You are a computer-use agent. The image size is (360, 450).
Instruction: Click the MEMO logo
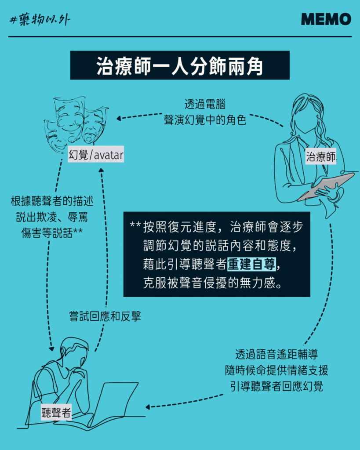click(x=326, y=19)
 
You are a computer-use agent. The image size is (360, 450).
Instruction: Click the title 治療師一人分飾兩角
click(x=180, y=66)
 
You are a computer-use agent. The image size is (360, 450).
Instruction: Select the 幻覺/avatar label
click(x=96, y=155)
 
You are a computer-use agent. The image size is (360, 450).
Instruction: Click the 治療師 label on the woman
click(x=321, y=157)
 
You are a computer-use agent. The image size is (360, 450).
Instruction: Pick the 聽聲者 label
click(x=56, y=412)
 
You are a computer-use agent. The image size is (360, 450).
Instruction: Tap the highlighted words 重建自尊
click(x=252, y=264)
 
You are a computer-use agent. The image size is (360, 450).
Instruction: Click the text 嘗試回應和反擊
click(x=105, y=316)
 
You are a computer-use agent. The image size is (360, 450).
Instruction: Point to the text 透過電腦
click(x=205, y=104)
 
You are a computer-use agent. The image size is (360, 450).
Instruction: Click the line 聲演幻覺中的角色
click(x=205, y=120)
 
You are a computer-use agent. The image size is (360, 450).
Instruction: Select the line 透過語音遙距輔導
click(x=276, y=354)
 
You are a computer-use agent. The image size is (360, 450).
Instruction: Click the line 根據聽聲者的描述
click(x=52, y=201)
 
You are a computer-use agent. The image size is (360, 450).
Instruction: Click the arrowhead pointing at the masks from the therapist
click(x=119, y=118)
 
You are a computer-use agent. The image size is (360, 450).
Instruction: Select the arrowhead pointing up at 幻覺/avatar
click(x=101, y=170)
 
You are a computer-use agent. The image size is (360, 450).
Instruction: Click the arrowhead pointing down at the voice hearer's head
click(x=51, y=348)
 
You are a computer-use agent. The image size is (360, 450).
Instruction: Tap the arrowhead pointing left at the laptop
click(x=148, y=407)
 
